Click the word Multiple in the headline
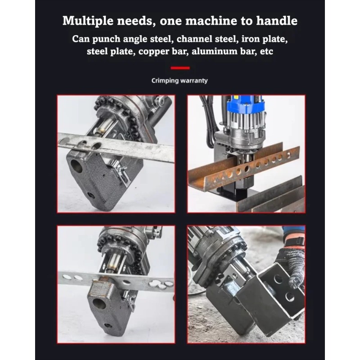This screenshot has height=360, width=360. click(88, 21)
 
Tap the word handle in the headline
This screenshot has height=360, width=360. click(277, 20)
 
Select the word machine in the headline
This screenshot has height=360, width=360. click(211, 20)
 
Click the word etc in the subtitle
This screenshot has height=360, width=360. click(266, 51)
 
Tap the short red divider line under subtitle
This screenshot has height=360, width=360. click(180, 68)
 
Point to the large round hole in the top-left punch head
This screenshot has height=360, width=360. click(76, 166)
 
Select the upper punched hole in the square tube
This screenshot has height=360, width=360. click(278, 279)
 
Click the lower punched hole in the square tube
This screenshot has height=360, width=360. click(289, 297)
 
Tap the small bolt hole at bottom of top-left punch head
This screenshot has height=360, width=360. click(91, 196)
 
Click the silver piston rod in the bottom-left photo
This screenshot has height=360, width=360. click(114, 262)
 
